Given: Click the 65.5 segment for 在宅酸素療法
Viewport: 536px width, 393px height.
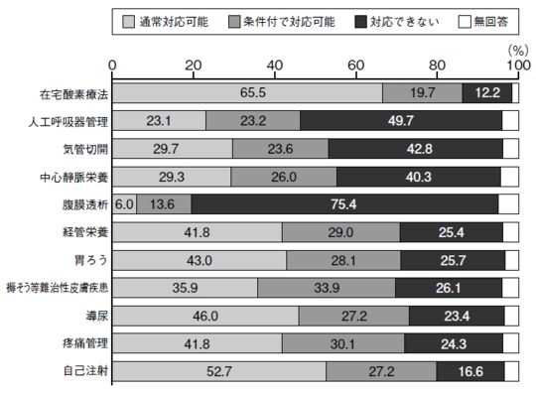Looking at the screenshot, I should coord(247,93).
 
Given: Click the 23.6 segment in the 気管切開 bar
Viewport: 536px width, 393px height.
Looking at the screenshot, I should coord(280,149).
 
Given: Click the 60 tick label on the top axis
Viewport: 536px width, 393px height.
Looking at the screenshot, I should coord(356,65).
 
